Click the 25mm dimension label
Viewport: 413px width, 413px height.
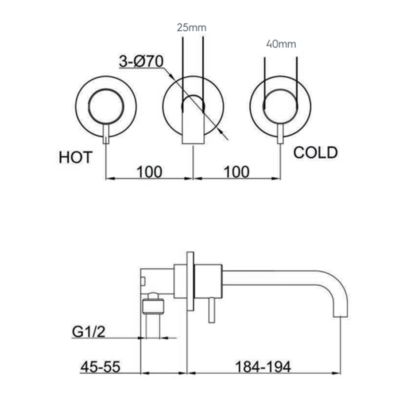tap(191, 28)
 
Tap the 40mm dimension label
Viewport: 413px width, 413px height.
tap(281, 44)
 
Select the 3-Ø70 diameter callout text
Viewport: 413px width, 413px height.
tap(141, 61)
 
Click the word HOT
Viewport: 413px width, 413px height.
tap(75, 157)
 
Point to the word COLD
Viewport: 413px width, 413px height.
tap(315, 153)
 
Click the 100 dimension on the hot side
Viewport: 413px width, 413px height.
tap(149, 172)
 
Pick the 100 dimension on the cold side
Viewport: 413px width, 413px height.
tap(237, 172)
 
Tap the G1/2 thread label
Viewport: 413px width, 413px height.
tap(88, 332)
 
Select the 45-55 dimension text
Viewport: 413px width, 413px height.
tap(100, 367)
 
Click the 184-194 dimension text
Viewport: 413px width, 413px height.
tap(263, 367)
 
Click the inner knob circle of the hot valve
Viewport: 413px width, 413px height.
tap(106, 106)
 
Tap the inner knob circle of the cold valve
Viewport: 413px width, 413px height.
tap(280, 106)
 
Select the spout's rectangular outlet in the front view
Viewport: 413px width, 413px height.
tap(193, 129)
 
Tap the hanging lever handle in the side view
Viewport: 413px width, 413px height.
tap(211, 310)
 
